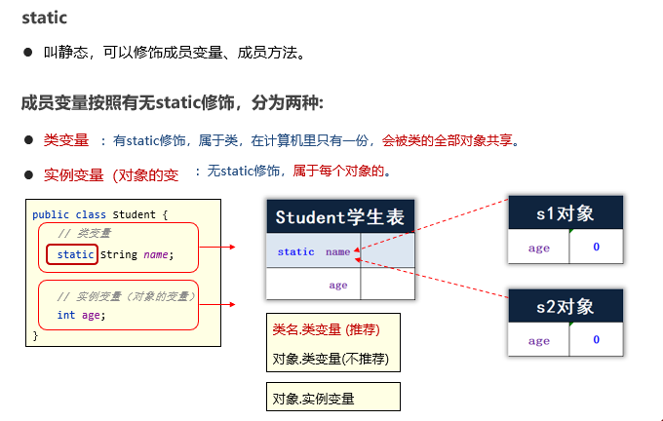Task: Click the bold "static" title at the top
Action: [45, 18]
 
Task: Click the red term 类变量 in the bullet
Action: [66, 140]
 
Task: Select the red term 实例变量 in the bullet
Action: [73, 175]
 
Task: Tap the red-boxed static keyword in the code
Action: [76, 255]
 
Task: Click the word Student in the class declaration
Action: [133, 213]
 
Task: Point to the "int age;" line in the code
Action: [81, 315]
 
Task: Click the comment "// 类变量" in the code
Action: [85, 234]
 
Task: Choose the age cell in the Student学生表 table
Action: [337, 285]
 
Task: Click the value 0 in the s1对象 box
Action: [597, 248]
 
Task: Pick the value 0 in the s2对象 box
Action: [597, 340]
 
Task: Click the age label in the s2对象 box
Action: [539, 341]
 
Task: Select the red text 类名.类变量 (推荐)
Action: [325, 330]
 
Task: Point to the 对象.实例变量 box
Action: [332, 398]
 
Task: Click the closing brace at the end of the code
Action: [36, 334]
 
